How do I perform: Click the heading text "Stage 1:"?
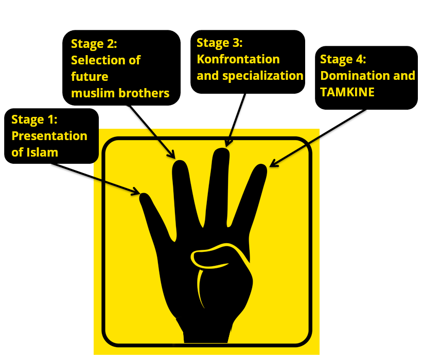pos(34,120)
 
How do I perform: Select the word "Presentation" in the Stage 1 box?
pos(49,136)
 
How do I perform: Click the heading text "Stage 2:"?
pos(94,43)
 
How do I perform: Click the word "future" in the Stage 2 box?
pos(90,77)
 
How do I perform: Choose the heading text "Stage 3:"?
pos(220,42)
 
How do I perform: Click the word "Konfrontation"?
pos(238,59)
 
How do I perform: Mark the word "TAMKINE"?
pos(347,92)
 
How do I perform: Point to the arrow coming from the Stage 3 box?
pos(236,118)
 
